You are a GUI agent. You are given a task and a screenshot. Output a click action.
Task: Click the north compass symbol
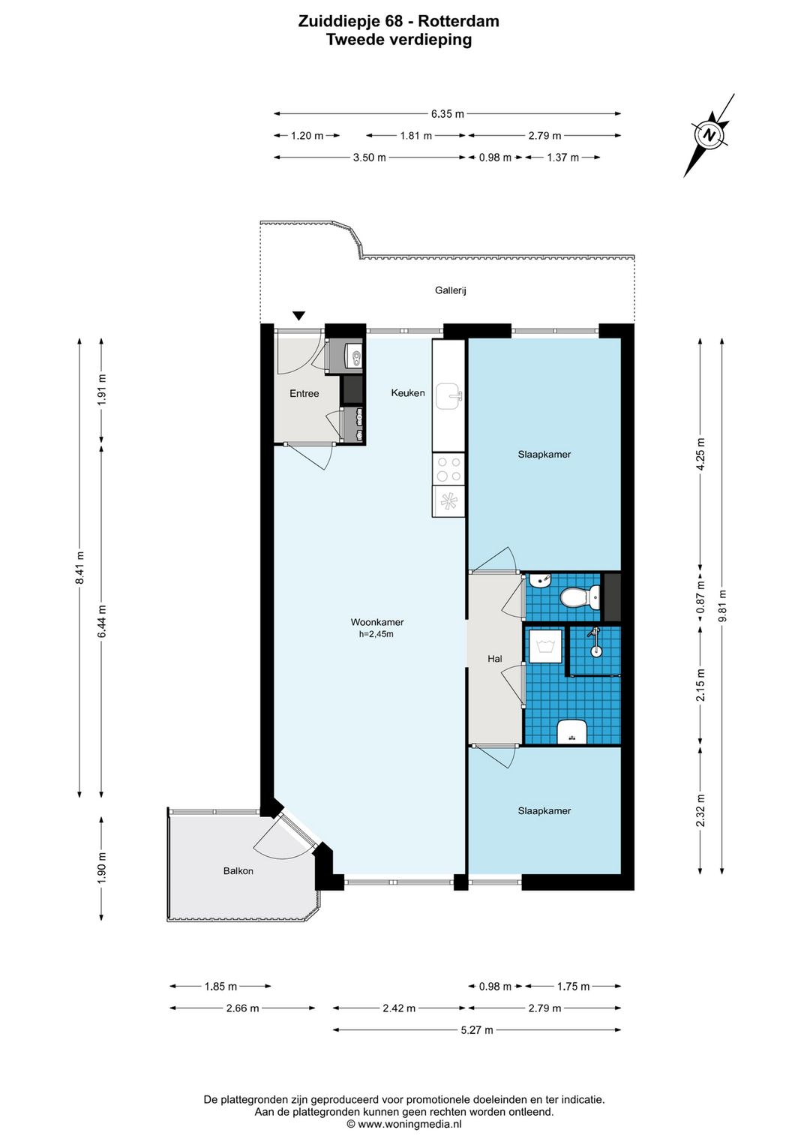(709, 135)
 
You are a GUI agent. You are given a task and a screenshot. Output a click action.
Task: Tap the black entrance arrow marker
(298, 316)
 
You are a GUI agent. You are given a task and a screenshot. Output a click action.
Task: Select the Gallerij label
(450, 290)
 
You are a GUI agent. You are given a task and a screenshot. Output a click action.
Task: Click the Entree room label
(304, 393)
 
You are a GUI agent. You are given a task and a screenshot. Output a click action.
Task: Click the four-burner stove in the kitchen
(448, 469)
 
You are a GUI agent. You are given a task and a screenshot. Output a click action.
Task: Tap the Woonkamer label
(377, 622)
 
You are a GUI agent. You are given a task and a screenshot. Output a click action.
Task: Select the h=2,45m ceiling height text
(376, 634)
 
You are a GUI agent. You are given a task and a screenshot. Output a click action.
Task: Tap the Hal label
(494, 659)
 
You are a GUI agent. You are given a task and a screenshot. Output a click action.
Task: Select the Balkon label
(238, 871)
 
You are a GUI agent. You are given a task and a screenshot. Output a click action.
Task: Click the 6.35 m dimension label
(448, 114)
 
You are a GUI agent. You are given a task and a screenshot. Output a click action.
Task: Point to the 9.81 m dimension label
(721, 606)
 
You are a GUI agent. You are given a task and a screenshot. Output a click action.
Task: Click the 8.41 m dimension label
(79, 567)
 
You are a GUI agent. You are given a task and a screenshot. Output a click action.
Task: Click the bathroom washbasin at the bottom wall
(572, 731)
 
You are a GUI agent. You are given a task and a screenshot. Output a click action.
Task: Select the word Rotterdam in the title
(458, 22)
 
